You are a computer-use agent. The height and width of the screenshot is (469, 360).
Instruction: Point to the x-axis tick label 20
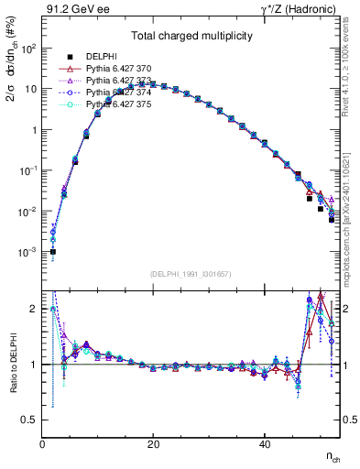coord(154,444)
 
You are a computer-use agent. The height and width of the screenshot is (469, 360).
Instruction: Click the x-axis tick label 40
coord(265,444)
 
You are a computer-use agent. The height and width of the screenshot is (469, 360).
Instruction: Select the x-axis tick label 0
coord(43,444)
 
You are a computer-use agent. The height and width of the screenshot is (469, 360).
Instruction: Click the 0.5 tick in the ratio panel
coord(29,420)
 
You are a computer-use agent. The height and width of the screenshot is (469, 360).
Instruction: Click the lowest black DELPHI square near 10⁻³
coord(53,251)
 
